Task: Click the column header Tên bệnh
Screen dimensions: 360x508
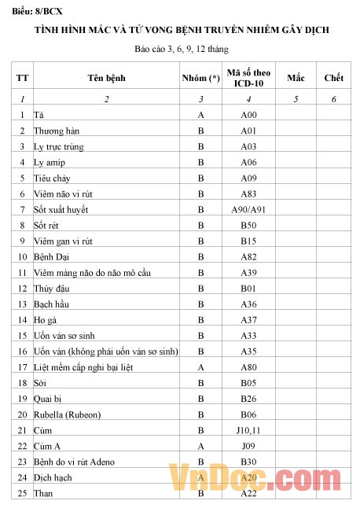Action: [106, 78]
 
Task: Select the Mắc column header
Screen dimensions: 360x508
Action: [296, 78]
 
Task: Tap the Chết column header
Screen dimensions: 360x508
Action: [334, 78]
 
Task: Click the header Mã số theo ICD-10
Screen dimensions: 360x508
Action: [248, 78]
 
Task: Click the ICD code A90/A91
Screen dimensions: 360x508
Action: [248, 209]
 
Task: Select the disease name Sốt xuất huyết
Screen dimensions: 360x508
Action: [61, 209]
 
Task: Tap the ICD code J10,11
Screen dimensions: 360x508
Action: [248, 430]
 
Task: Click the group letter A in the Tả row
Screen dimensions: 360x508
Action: [200, 115]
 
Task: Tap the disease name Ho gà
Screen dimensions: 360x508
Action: [46, 320]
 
